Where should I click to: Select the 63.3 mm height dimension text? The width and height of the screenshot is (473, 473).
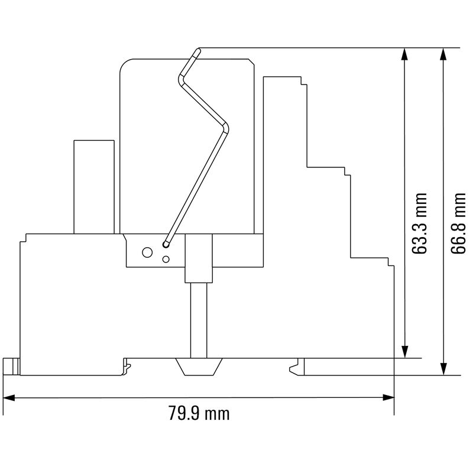[419, 223]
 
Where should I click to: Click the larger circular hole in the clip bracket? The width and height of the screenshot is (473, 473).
[145, 252]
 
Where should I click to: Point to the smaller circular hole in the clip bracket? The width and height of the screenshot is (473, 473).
[166, 259]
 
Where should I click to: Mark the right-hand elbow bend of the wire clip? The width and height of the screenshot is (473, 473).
[228, 126]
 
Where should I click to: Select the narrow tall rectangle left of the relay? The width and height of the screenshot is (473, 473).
[93, 186]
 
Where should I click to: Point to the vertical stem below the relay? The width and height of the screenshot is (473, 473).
[200, 319]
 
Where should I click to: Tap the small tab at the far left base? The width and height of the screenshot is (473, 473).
[11, 367]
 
